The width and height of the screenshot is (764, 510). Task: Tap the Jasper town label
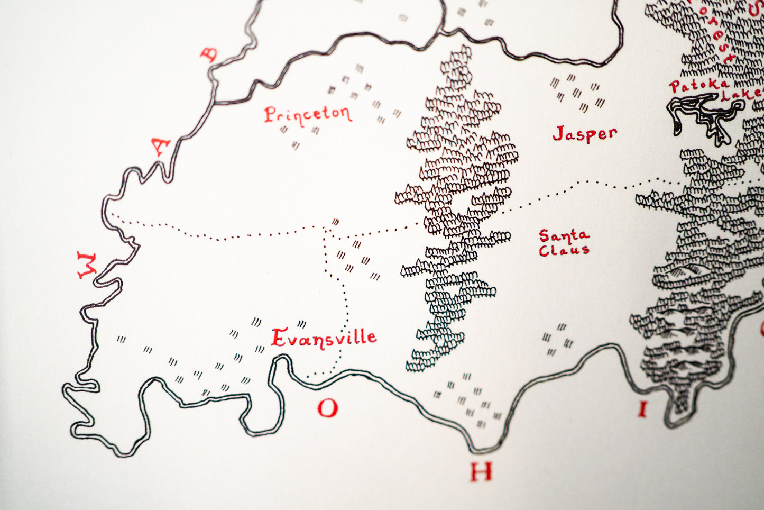[584, 133]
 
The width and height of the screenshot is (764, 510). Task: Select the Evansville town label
[324, 338]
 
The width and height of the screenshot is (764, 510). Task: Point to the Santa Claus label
[564, 242]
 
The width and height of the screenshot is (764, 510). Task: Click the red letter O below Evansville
[327, 408]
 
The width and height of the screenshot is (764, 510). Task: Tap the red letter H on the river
[481, 471]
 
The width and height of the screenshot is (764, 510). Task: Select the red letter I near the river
[642, 409]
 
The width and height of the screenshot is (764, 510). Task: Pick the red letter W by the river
[86, 265]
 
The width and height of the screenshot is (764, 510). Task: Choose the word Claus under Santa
[564, 250]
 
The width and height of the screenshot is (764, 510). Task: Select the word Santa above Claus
[564, 235]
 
